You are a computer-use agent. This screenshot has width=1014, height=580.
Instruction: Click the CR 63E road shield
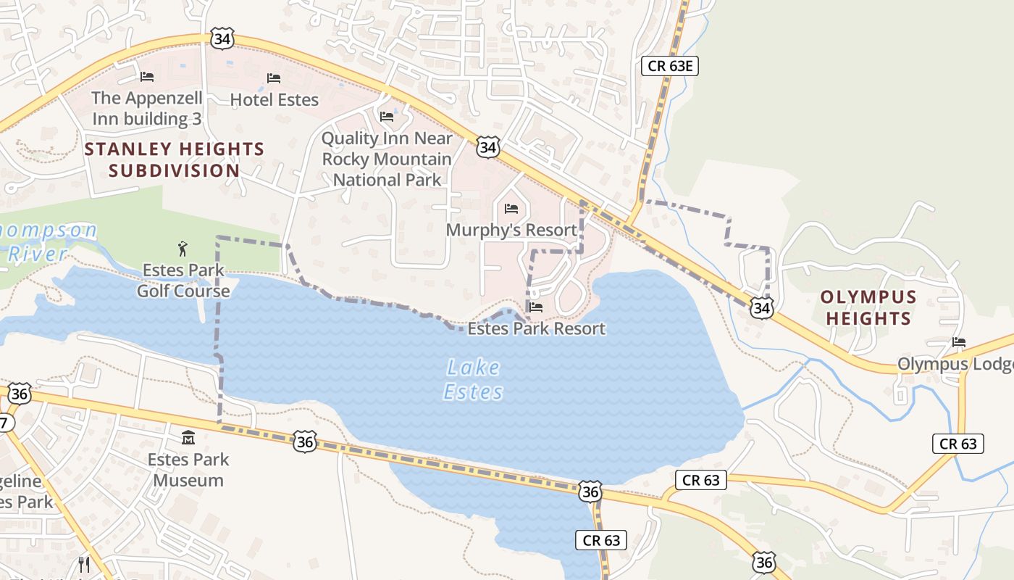[x=670, y=66]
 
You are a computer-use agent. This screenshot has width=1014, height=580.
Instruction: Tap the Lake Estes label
[x=473, y=379]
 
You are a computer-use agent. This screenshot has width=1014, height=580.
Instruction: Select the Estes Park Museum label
[x=188, y=469]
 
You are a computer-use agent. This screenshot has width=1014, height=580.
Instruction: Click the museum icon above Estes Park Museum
[x=188, y=437]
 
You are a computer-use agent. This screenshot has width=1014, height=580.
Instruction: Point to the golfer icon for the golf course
[x=183, y=249]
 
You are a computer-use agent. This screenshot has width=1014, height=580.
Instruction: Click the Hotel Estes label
[x=275, y=99]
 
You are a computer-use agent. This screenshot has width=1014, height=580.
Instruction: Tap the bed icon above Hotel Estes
[x=274, y=78]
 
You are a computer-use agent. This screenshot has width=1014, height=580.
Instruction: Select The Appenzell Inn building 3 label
[x=147, y=108]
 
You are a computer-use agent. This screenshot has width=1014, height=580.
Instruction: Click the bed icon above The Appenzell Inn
[x=147, y=76]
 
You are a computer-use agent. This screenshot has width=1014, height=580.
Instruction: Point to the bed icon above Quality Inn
[x=387, y=116]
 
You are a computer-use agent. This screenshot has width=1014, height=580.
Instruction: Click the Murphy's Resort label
[x=511, y=230]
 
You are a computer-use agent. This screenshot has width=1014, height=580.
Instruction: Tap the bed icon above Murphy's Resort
[x=511, y=209]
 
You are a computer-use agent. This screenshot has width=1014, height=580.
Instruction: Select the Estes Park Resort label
[x=536, y=328]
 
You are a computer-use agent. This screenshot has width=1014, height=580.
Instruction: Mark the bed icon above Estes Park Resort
[x=536, y=307]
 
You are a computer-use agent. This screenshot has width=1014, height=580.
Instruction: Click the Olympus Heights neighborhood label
[x=868, y=307]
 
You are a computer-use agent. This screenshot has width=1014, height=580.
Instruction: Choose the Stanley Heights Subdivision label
[x=174, y=160]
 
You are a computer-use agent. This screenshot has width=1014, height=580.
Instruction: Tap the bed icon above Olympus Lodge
[x=960, y=342]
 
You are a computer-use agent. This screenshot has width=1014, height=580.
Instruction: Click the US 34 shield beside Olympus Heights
[x=761, y=307]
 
